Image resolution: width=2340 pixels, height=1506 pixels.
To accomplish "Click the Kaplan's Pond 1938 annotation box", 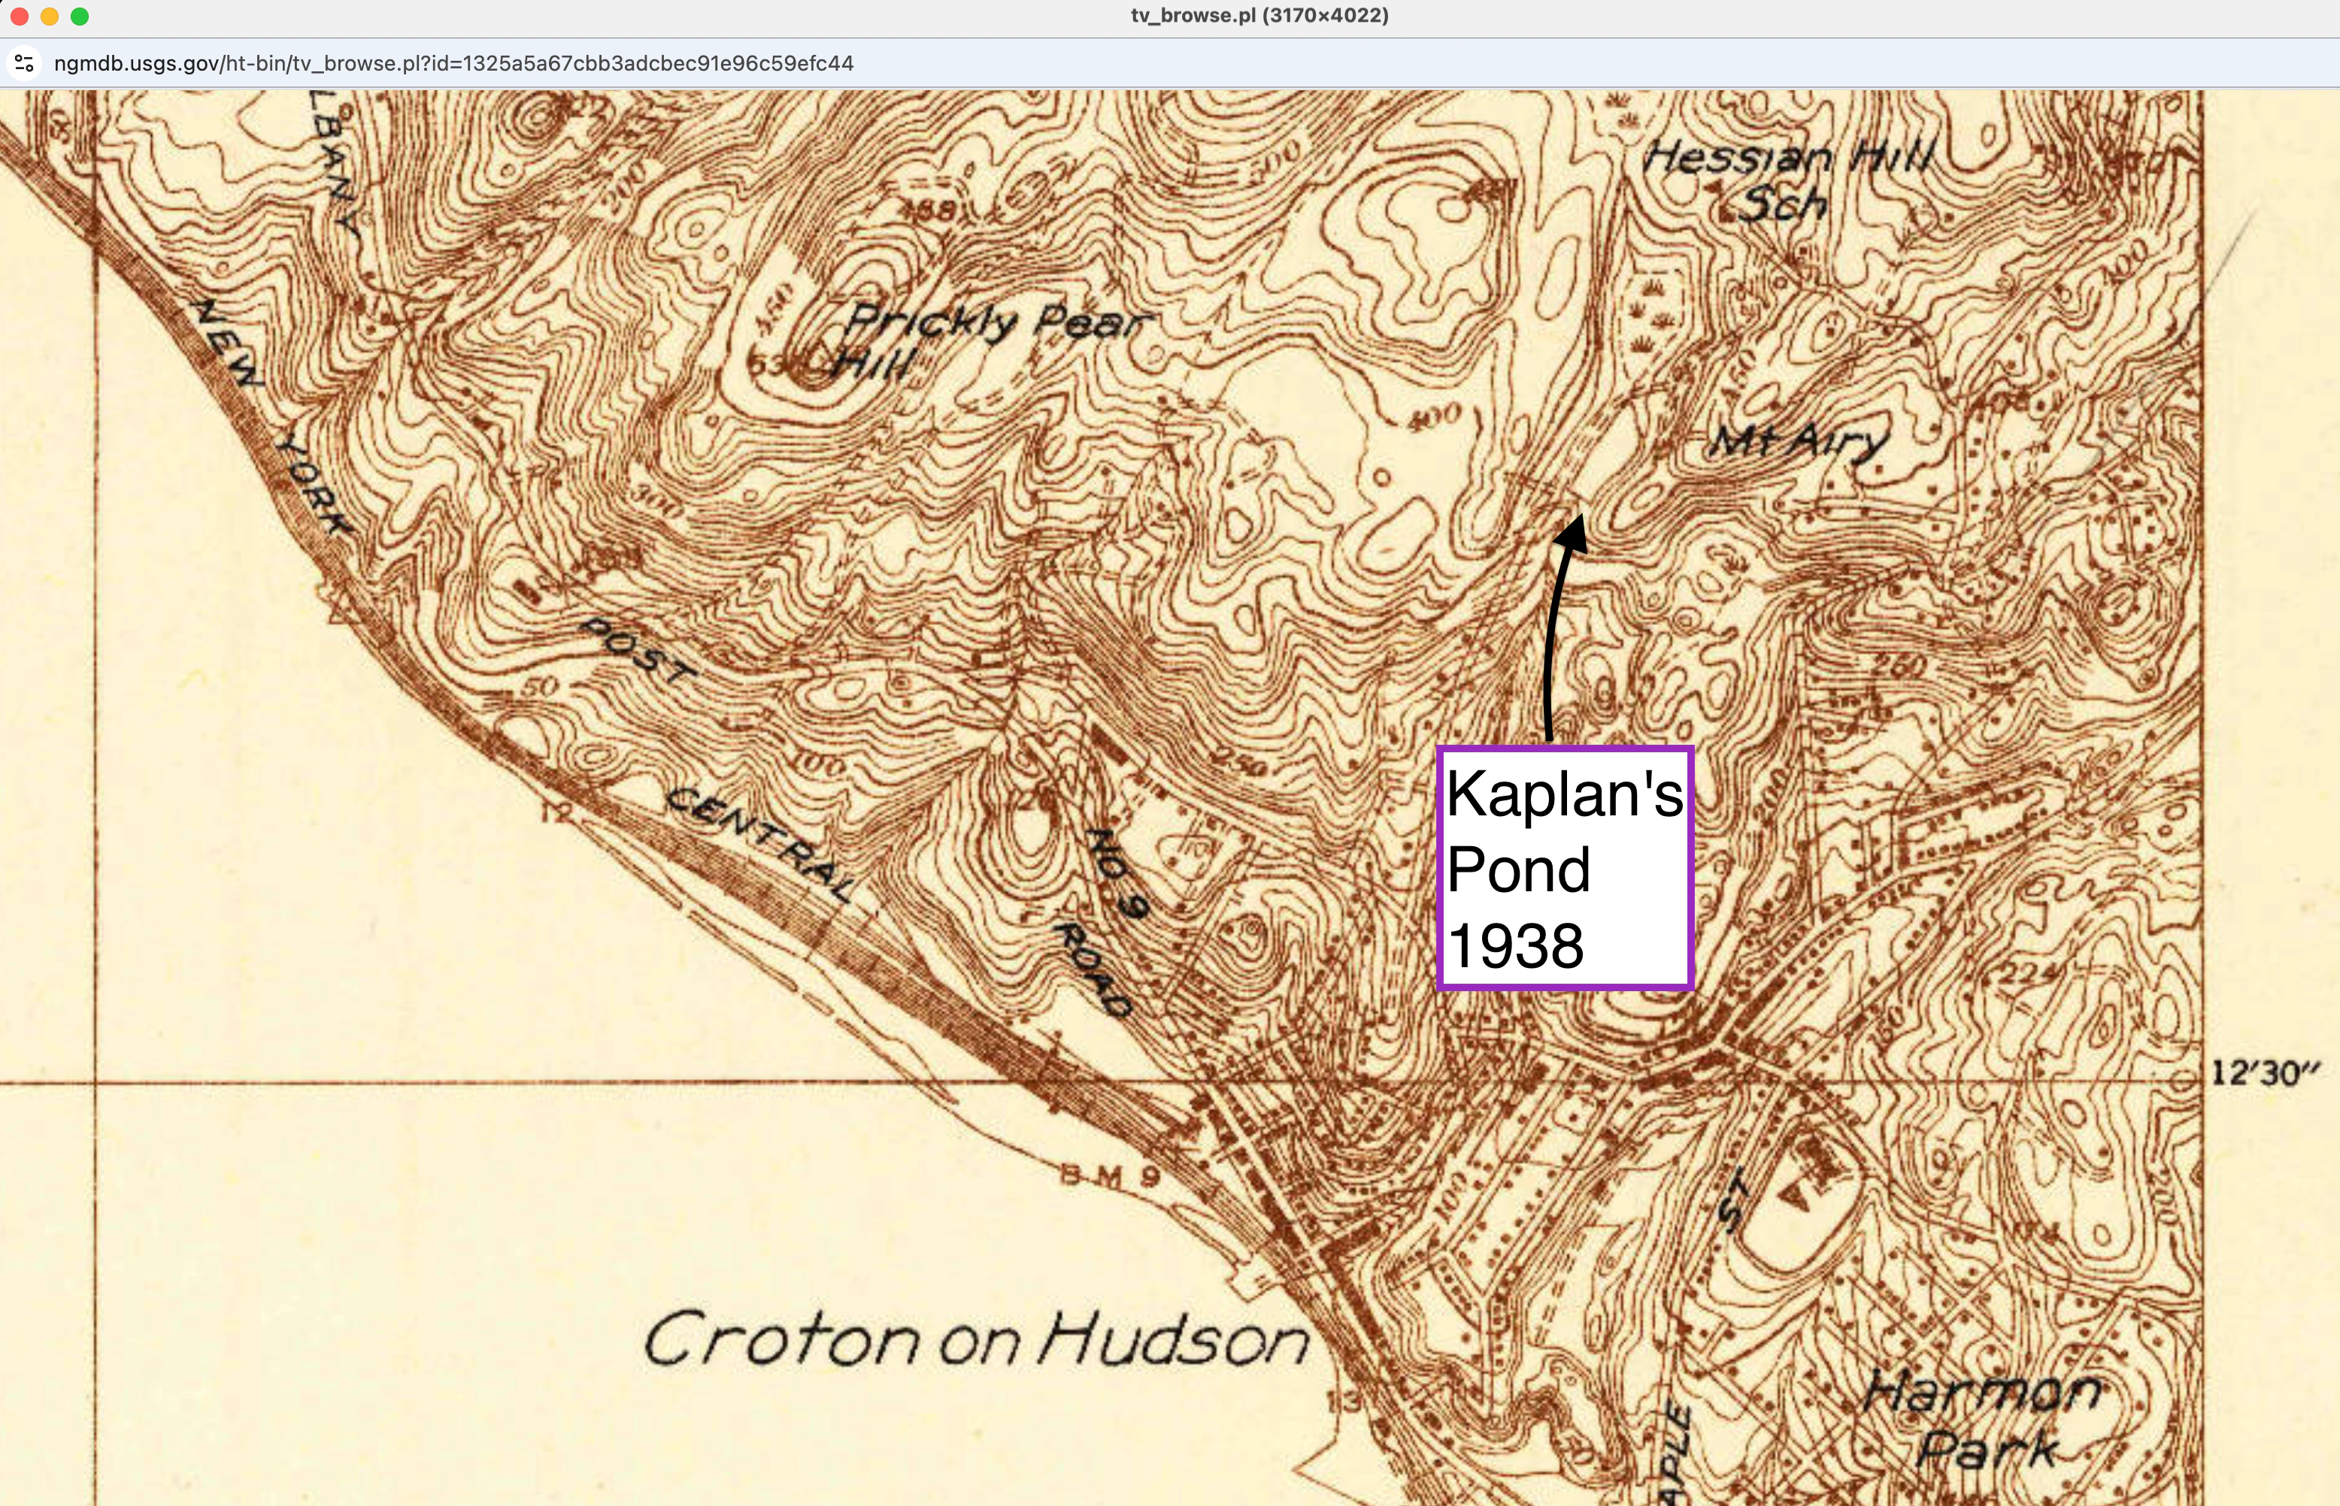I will [1564, 869].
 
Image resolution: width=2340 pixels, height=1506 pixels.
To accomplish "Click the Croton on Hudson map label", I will [976, 1340].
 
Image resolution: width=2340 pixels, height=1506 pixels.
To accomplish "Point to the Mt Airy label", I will [1798, 443].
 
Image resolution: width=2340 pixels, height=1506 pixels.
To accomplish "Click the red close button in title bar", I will [20, 16].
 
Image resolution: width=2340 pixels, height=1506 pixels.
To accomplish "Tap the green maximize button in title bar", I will [80, 16].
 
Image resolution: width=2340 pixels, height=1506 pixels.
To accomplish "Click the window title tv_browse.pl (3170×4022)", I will [1259, 16].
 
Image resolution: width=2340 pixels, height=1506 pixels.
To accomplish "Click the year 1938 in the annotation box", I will [1515, 945].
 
